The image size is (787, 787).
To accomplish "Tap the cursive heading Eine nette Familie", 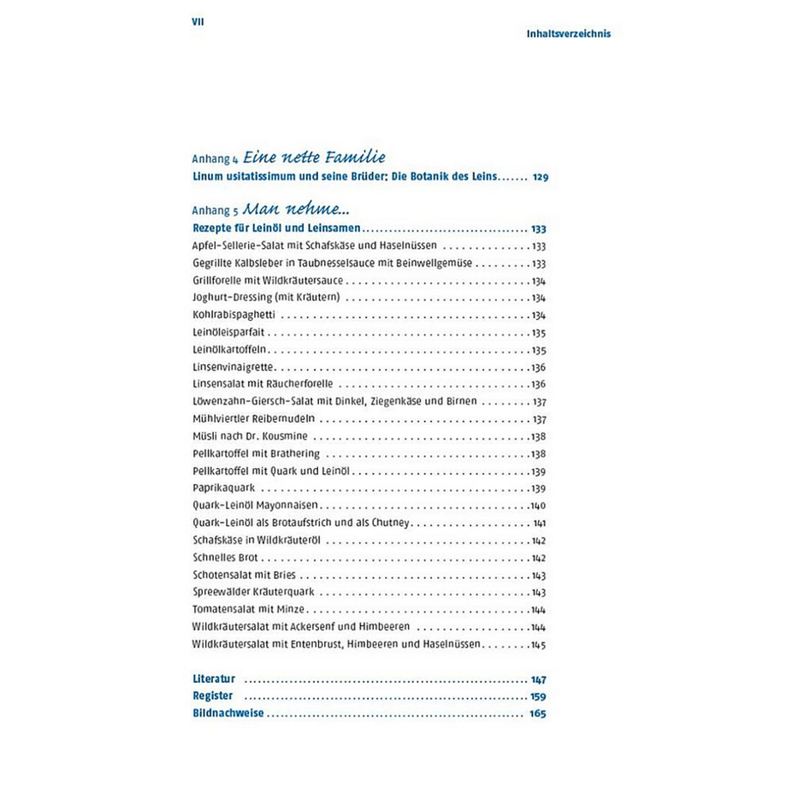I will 314,157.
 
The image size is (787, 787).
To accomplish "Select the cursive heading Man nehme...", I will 298,209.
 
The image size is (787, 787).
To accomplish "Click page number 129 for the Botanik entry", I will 539,178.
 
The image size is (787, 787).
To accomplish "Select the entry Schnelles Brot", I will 220,558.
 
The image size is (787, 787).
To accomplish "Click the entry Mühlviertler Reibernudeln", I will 254,419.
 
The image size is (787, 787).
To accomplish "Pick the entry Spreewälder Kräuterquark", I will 257,592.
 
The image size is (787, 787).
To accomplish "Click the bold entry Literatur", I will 214,678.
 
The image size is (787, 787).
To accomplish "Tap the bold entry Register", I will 213,696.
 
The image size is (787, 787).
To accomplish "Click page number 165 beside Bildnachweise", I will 537,713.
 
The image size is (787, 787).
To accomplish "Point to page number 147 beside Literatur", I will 538,679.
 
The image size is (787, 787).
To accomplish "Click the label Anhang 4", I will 216,159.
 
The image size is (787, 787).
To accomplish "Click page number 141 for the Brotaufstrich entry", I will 539,524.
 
